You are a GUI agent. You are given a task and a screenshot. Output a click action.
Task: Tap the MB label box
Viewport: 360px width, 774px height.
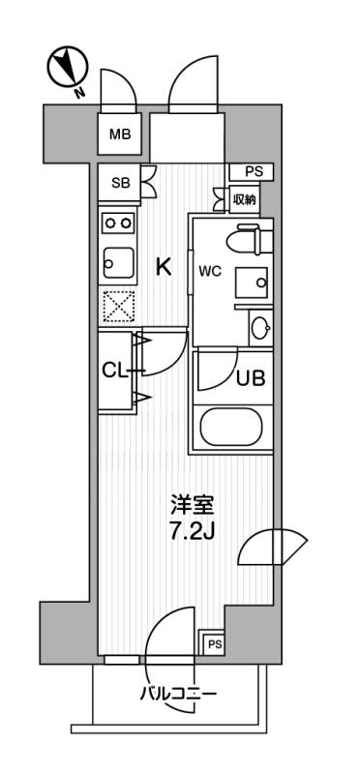coord(122,134)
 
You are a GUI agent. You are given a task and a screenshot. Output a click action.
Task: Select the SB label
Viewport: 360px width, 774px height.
coord(121,183)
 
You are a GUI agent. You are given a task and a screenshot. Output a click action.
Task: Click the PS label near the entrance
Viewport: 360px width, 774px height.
coord(253,172)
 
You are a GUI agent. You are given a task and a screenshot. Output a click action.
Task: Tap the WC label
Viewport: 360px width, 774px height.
coord(211,271)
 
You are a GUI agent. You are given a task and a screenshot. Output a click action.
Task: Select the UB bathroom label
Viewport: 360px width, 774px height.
coord(252,378)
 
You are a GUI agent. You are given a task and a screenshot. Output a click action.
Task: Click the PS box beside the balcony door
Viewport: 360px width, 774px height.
coord(214,643)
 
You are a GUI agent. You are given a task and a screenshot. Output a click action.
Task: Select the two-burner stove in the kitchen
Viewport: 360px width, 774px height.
coord(118,223)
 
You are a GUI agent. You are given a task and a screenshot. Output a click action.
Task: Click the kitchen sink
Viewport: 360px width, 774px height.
coord(118,262)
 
